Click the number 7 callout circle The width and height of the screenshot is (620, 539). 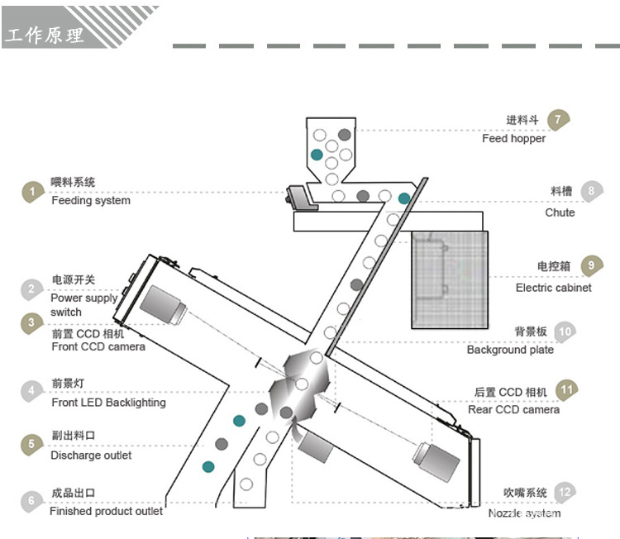tap(559, 119)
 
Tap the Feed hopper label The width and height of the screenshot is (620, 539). tap(513, 138)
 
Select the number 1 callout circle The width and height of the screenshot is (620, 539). tap(31, 192)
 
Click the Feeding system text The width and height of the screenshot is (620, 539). tap(90, 200)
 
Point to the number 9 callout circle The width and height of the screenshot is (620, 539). tap(591, 266)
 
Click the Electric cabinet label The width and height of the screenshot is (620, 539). tap(553, 288)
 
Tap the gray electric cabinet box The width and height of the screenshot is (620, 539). tap(450, 279)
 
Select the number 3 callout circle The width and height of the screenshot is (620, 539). tap(31, 322)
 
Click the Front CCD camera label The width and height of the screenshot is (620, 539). tap(98, 346)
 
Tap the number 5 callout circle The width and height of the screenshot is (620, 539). tap(31, 443)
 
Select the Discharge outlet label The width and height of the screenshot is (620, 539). tap(90, 455)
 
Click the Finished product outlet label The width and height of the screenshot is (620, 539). tap(106, 511)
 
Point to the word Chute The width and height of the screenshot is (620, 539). tap(560, 212)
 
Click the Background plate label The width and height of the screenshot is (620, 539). tap(510, 350)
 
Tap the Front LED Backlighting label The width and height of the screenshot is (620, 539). tap(108, 403)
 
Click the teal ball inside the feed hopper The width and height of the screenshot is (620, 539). tap(316, 155)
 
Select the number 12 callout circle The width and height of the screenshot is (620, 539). tap(565, 493)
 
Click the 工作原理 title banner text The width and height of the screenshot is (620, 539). tap(45, 35)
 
